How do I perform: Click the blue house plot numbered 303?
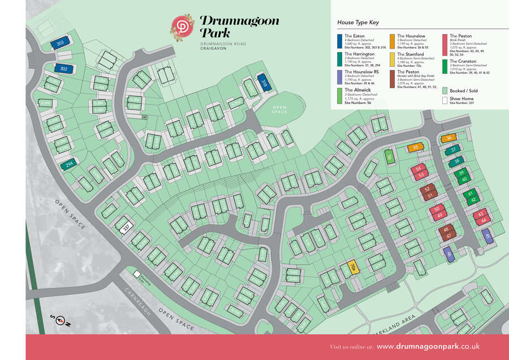(x=59, y=42)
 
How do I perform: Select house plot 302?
(x=63, y=68)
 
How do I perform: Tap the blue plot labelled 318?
(x=264, y=82)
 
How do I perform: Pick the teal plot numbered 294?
(x=68, y=165)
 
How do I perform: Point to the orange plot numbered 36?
(x=448, y=138)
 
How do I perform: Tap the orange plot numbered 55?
(x=416, y=148)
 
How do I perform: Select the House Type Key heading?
(x=357, y=23)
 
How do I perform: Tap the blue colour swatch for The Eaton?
(x=339, y=40)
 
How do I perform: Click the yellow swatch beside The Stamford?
(x=392, y=58)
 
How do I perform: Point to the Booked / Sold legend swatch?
(x=445, y=91)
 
